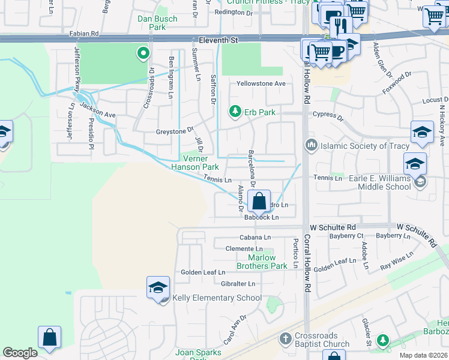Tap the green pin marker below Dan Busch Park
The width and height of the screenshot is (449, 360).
(143, 55)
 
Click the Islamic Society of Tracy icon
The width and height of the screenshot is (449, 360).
(311, 146)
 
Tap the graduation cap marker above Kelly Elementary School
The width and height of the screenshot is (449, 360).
(157, 287)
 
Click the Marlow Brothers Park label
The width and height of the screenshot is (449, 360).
(262, 262)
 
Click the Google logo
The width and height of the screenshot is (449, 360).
(20, 353)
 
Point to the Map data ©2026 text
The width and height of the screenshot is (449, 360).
(423, 355)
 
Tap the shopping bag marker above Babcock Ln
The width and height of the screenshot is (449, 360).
(259, 201)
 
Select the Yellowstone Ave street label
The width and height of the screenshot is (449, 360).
(261, 83)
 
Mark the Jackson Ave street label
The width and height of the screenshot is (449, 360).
(98, 110)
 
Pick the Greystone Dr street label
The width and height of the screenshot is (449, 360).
(175, 129)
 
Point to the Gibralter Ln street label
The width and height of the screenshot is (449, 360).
(238, 283)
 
